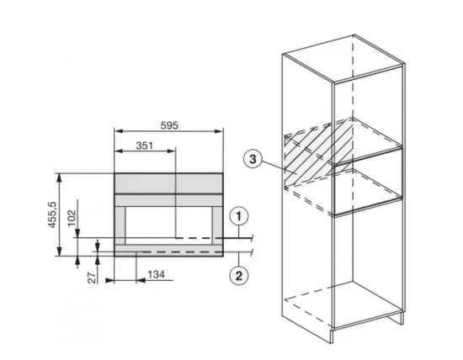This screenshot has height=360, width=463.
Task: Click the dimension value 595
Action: pos(169,125)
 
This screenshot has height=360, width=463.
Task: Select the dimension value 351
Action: pos(145,146)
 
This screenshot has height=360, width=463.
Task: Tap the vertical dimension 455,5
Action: pos(52,214)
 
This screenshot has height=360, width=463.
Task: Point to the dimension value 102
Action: pos(72,218)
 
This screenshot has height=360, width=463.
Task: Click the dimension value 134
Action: pos(156,274)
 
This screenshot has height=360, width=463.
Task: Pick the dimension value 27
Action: pos(93,278)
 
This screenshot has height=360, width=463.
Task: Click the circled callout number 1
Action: pos(239,217)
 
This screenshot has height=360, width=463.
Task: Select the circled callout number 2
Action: pos(239,276)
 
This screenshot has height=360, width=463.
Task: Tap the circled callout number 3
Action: pos(253,160)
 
